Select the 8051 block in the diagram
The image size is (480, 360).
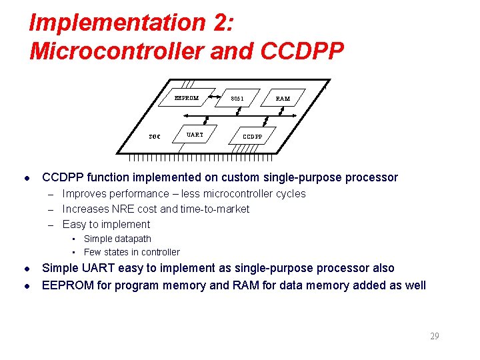pyautogui.click(x=237, y=99)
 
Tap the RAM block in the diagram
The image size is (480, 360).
pyautogui.click(x=283, y=99)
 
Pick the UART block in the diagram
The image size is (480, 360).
pyautogui.click(x=195, y=135)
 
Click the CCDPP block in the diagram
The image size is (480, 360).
pyautogui.click(x=252, y=137)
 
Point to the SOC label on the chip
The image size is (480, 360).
pyautogui.click(x=154, y=137)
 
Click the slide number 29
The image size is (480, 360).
pyautogui.click(x=434, y=336)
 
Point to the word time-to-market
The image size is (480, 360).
pyautogui.click(x=215, y=209)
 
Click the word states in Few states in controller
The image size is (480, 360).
pyautogui.click(x=117, y=252)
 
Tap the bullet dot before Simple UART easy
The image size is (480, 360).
pyautogui.click(x=25, y=269)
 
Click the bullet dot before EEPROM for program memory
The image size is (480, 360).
pyautogui.click(x=25, y=286)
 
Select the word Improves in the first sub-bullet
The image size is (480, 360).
pyautogui.click(x=82, y=194)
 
